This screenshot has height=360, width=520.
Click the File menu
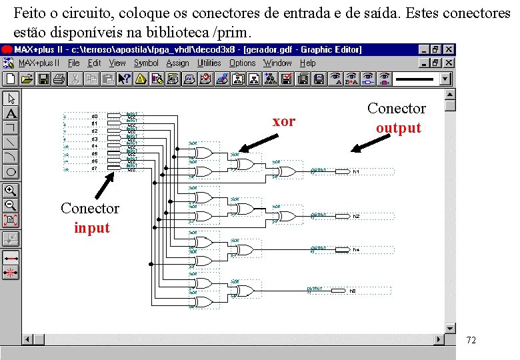pos(74,63)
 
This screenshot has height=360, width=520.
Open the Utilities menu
pos(209,63)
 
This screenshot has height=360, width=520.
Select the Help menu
pos(308,63)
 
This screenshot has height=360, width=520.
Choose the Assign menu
pos(178,63)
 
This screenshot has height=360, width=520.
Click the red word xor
pos(284,121)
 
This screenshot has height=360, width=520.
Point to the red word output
pos(399,128)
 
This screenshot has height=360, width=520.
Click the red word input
pos(92,228)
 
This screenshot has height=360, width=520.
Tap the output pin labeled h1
pos(356,172)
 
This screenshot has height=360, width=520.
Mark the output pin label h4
pos(356,250)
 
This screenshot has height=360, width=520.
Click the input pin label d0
pos(95,116)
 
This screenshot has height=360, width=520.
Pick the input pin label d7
pos(95,168)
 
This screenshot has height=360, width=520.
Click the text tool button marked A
pos(11,113)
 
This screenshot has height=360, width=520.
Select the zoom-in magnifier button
pos(11,191)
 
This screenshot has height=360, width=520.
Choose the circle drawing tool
pos(11,171)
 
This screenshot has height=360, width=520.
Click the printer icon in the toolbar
pos(59,79)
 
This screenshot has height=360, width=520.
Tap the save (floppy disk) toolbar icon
pos(43,79)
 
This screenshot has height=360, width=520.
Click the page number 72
pos(471,341)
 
